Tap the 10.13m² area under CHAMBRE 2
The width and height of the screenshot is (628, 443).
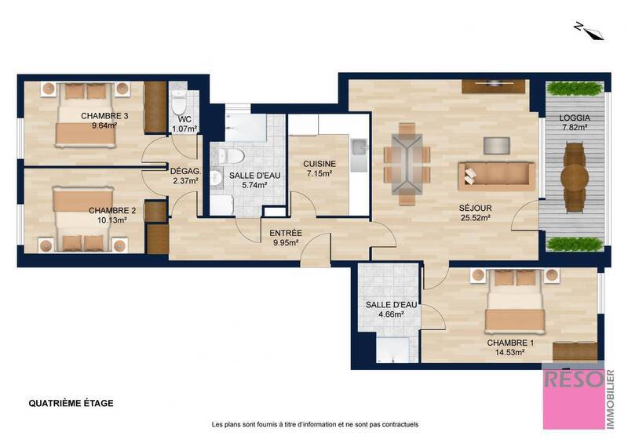click(x=108, y=220)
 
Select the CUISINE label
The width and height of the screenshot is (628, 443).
click(x=319, y=164)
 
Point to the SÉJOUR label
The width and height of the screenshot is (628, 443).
click(x=475, y=208)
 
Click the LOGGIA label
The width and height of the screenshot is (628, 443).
click(x=575, y=118)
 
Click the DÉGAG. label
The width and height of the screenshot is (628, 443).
click(x=185, y=171)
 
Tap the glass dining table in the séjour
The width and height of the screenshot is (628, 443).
click(x=407, y=164)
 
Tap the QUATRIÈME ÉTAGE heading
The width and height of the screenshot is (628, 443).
click(x=71, y=404)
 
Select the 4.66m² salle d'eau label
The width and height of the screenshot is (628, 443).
click(x=385, y=314)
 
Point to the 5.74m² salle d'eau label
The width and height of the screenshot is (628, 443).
click(x=248, y=185)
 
